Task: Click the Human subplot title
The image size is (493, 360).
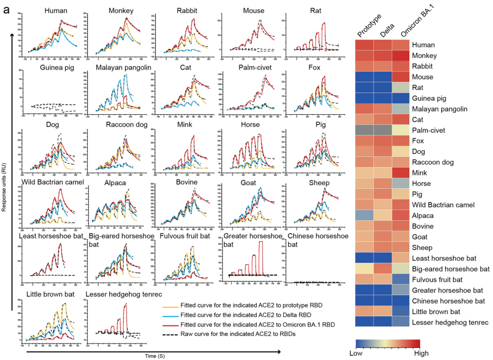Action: click(55, 10)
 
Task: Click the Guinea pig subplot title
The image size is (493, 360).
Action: click(55, 67)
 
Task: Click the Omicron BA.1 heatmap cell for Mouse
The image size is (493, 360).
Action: click(409, 77)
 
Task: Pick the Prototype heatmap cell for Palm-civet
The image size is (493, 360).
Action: click(366, 131)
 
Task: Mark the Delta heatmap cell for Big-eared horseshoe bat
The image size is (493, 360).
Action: click(388, 268)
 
